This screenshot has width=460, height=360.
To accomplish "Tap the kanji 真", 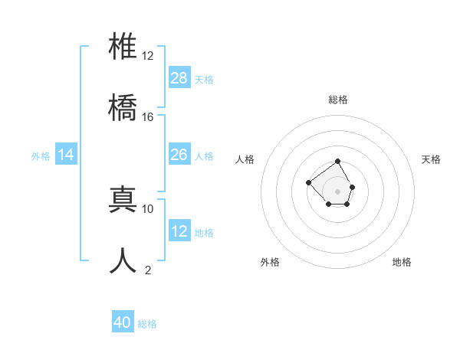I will (x=123, y=200).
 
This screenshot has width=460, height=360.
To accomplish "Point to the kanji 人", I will (x=123, y=260).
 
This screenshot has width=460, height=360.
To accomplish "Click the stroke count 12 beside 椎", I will (x=148, y=56).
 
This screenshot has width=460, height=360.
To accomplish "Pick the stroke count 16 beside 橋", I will (x=148, y=116).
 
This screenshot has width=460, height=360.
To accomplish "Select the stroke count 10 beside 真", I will (x=148, y=208).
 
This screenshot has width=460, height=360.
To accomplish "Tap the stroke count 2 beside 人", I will (x=148, y=270).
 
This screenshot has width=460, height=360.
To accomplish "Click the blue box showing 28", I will (x=179, y=78).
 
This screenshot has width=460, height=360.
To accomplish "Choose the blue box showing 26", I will (x=179, y=155).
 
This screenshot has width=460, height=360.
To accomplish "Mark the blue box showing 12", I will (x=179, y=231).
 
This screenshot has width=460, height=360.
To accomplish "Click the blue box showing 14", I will (x=66, y=155).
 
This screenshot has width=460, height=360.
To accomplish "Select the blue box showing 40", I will (x=123, y=322).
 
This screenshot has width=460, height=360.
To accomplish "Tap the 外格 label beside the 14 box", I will (x=41, y=156).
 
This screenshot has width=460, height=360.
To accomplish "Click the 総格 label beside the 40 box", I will (x=147, y=324).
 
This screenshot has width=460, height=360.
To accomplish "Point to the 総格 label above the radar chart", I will (x=337, y=100).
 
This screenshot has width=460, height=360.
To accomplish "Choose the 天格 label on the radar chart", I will (x=432, y=159).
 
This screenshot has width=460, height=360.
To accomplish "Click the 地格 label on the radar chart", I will (x=402, y=262).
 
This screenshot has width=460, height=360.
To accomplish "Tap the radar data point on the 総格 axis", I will (x=337, y=162).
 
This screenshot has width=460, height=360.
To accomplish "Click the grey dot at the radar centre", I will (x=337, y=191).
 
